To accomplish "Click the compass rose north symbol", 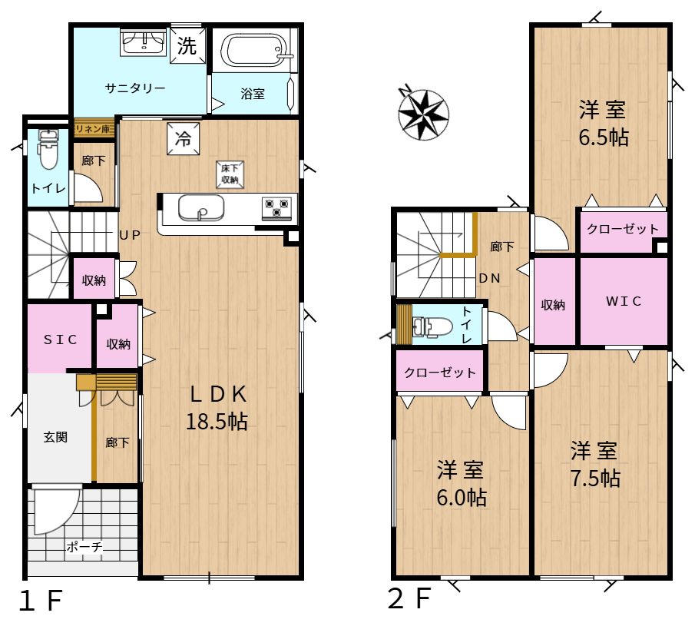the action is pos(423,114).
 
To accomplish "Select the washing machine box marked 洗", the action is pos(187,45).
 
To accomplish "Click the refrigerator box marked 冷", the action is pos(183,139).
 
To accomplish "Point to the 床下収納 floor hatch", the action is pos(230,174).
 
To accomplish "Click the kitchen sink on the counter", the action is pos(200,207).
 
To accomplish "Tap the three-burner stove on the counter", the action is pos(276,208).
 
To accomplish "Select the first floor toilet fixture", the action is pos(48,149).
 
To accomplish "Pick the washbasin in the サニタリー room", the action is pos(144,42).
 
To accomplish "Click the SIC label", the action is pos(60,339).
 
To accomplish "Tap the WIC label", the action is pos(624,301).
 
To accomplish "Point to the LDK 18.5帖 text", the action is pos(217,407).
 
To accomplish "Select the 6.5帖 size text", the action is pos(604,137).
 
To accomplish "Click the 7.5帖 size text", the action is pos(595,479).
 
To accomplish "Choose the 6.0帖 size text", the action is pos(462,498).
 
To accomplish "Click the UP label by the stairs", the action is pos(130,235).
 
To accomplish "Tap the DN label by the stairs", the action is pos(490,278).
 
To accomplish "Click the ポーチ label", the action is pos(84,546).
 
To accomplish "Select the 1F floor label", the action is pos(41,601).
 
